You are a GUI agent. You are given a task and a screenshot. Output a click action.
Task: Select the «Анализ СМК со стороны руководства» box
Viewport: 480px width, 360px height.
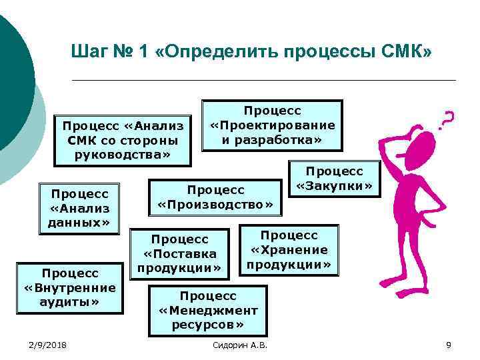123,140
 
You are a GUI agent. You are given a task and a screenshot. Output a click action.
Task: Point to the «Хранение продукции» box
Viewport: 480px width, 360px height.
289,250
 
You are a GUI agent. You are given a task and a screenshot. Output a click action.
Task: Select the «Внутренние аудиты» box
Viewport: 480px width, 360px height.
80,287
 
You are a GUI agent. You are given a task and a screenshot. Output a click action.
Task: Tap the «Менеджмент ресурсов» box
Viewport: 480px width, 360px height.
208,310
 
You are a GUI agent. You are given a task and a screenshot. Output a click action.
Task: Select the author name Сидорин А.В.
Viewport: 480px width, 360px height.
239,344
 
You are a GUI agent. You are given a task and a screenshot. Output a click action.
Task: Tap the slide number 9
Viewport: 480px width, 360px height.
449,344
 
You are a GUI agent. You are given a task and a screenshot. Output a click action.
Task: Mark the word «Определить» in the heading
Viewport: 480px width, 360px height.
213,51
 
